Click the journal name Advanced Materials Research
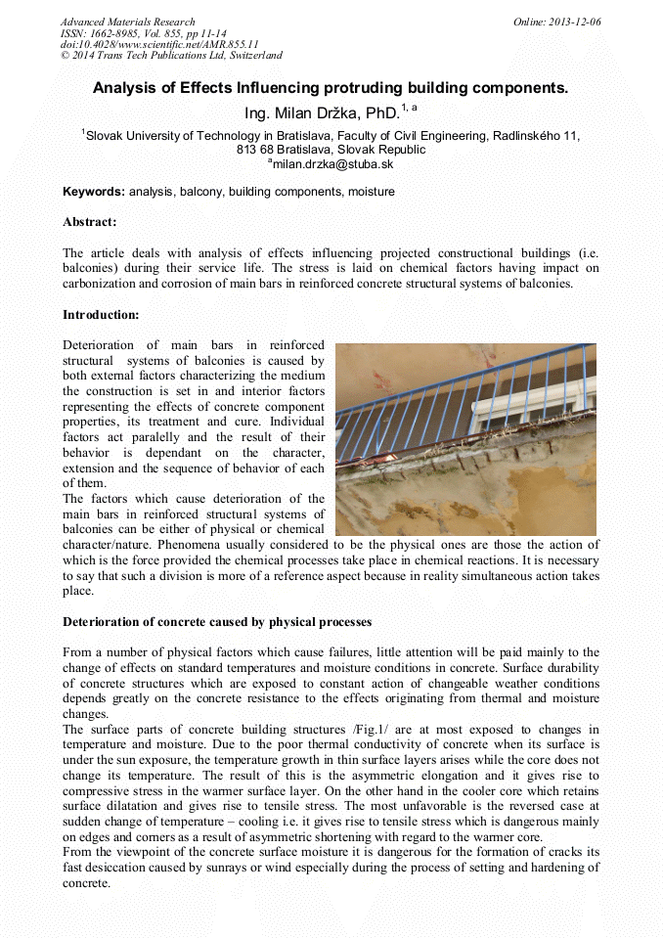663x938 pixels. coord(127,22)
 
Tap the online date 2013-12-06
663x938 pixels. coord(575,22)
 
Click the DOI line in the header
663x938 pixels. coord(159,44)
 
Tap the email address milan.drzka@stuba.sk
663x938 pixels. coord(332,164)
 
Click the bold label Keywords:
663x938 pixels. coord(94,192)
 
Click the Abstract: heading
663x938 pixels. coord(90,223)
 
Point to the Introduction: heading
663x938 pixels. coord(101,314)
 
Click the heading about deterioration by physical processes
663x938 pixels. coord(217,622)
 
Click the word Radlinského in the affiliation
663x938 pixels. coord(522,136)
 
